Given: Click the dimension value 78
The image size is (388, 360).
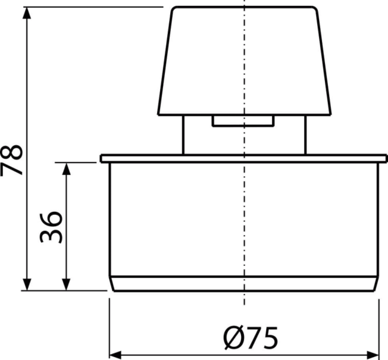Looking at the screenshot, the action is [x=11, y=160].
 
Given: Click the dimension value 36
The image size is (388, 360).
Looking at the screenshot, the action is [x=51, y=227].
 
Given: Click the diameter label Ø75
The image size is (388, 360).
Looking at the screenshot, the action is [x=251, y=338].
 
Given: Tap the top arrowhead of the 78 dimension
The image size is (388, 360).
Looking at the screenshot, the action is [x=27, y=13].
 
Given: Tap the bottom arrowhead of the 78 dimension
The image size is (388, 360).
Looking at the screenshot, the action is [x=27, y=284].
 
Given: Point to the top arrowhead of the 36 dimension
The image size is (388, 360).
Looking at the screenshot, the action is [x=66, y=169].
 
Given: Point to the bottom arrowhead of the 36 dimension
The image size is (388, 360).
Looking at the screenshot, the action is [x=66, y=284].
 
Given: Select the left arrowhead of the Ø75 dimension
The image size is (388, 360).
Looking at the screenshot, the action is [x=115, y=355].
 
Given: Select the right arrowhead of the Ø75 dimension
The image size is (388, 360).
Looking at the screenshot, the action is [x=373, y=355].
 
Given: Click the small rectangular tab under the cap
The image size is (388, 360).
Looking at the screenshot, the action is [x=243, y=121].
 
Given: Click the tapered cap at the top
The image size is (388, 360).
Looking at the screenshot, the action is [x=245, y=61].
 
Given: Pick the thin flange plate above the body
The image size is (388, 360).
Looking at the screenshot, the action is [x=243, y=158].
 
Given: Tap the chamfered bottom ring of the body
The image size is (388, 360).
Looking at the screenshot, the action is [x=244, y=284].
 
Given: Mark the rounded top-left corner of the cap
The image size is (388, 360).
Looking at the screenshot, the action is [x=174, y=9].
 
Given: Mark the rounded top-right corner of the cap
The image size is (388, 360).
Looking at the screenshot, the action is [x=314, y=9].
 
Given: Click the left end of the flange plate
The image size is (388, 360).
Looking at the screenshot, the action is [x=101, y=158].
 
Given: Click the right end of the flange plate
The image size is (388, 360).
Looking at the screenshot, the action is [x=386, y=158].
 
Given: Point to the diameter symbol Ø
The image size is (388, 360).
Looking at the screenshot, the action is [x=233, y=338].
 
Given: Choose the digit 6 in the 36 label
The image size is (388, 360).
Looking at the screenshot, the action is [x=51, y=218].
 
